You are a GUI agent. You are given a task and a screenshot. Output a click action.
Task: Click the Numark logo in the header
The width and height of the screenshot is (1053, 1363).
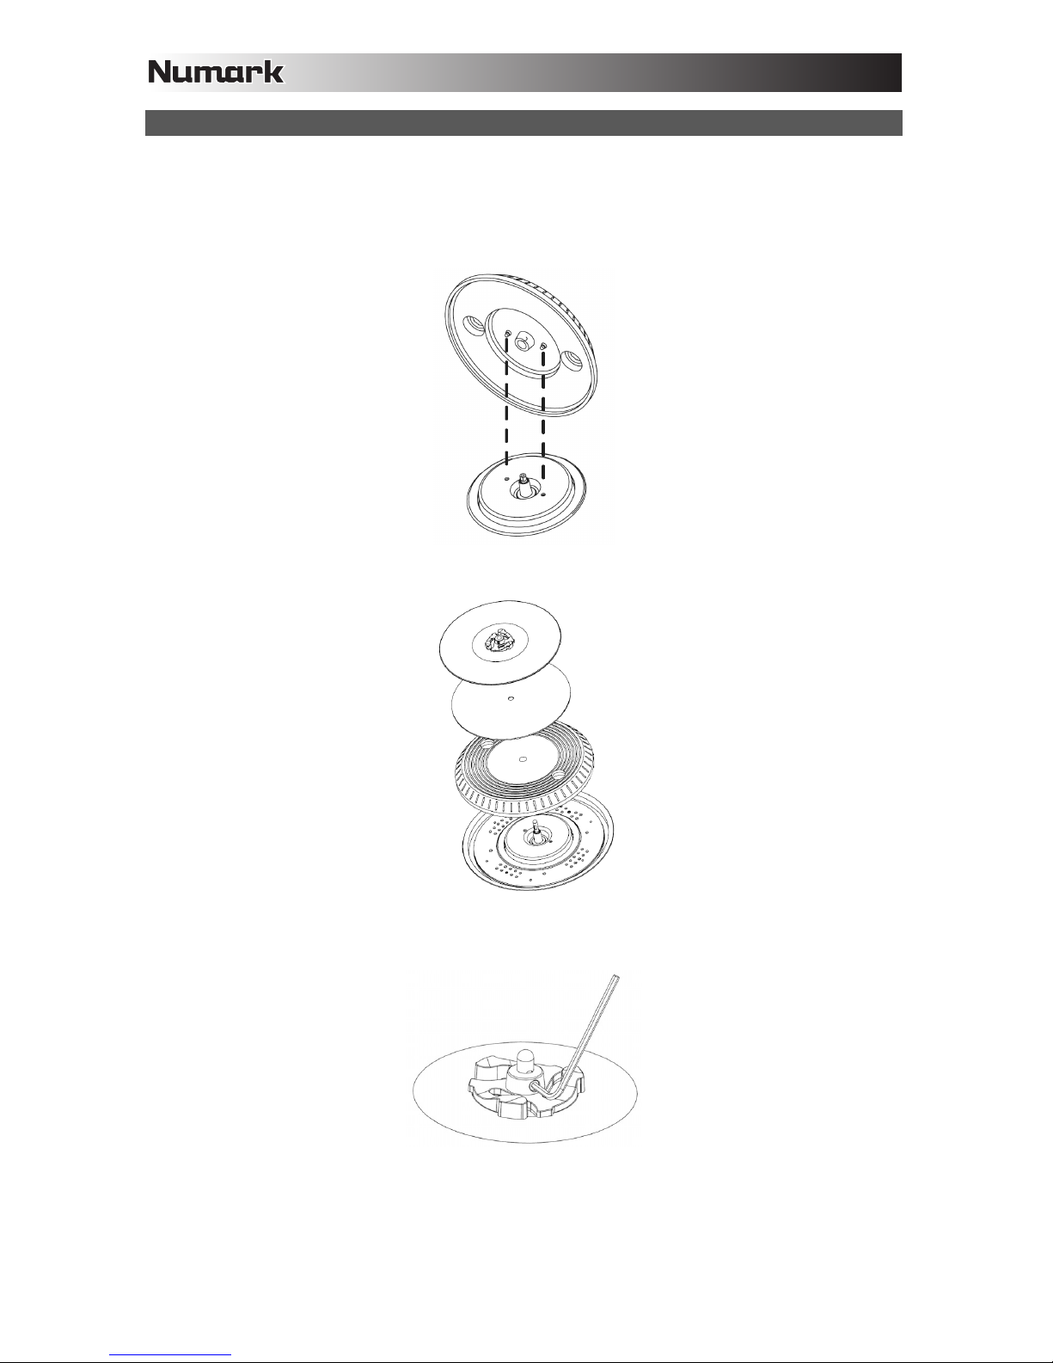[216, 72]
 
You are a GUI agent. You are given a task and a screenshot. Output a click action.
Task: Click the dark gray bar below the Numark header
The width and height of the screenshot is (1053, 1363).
[523, 123]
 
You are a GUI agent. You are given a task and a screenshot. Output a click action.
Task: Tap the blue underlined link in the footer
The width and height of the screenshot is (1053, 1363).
[170, 1355]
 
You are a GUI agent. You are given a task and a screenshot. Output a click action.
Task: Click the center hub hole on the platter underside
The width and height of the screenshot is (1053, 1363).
[523, 343]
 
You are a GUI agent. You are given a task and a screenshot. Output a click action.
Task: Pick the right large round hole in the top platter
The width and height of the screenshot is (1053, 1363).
[572, 360]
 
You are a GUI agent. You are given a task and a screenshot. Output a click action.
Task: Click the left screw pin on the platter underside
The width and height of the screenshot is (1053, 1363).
[506, 335]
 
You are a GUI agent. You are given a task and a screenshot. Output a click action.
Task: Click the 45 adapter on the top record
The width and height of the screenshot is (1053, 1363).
[499, 641]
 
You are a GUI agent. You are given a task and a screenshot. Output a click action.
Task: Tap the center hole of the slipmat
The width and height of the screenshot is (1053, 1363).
[511, 697]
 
